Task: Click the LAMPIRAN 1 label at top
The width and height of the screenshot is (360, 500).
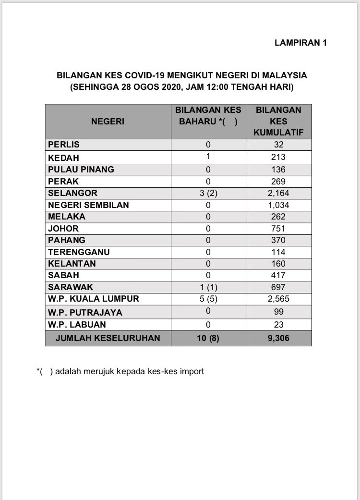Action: tap(300, 43)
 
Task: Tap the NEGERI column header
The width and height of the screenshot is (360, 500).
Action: tap(108, 122)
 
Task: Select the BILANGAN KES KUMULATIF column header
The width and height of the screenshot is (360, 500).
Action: tap(278, 121)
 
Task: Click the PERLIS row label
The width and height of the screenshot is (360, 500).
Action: tap(64, 145)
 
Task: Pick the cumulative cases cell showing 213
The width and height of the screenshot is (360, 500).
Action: tap(278, 157)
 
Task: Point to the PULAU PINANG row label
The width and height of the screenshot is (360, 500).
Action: tap(81, 169)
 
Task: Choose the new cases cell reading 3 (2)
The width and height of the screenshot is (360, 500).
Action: tap(208, 193)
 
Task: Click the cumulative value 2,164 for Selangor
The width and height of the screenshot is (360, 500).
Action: tap(278, 193)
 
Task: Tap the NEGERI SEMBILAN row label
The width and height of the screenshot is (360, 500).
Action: tap(88, 205)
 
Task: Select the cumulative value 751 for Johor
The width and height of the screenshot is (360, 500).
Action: tap(278, 228)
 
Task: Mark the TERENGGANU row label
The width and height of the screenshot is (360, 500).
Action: tap(79, 252)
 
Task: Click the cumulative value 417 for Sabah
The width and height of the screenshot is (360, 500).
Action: tap(278, 275)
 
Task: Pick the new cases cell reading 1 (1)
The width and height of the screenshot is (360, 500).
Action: tap(208, 287)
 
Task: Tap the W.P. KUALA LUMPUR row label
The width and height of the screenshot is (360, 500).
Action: tap(93, 299)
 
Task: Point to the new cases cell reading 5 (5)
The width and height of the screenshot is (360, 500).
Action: tap(208, 299)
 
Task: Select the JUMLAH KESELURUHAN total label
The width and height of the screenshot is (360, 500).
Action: tap(108, 338)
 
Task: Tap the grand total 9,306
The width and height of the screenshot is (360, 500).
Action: tap(278, 338)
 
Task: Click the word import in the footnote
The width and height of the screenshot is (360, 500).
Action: tap(192, 371)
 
